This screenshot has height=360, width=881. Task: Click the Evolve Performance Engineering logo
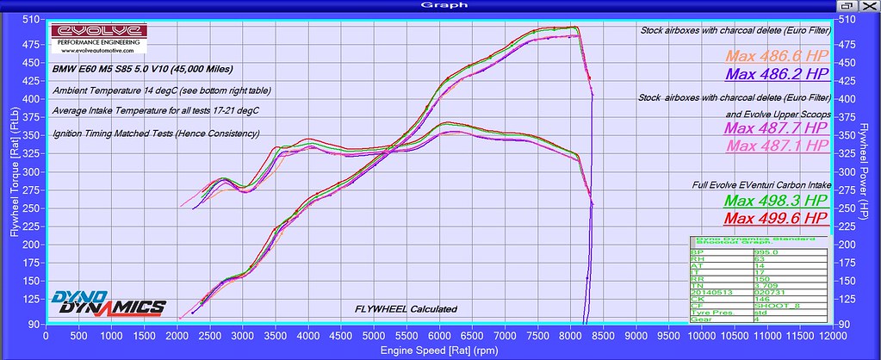click(98, 38)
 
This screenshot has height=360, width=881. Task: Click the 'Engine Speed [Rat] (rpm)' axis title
click(441, 351)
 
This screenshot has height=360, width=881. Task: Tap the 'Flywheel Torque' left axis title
click(12, 177)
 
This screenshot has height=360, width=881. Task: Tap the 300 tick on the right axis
click(848, 172)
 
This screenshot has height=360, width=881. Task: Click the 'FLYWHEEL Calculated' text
click(406, 309)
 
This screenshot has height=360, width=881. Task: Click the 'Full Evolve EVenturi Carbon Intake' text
click(760, 184)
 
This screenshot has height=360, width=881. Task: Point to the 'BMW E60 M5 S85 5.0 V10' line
click(141, 68)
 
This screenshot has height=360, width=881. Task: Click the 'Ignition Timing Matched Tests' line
click(155, 133)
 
